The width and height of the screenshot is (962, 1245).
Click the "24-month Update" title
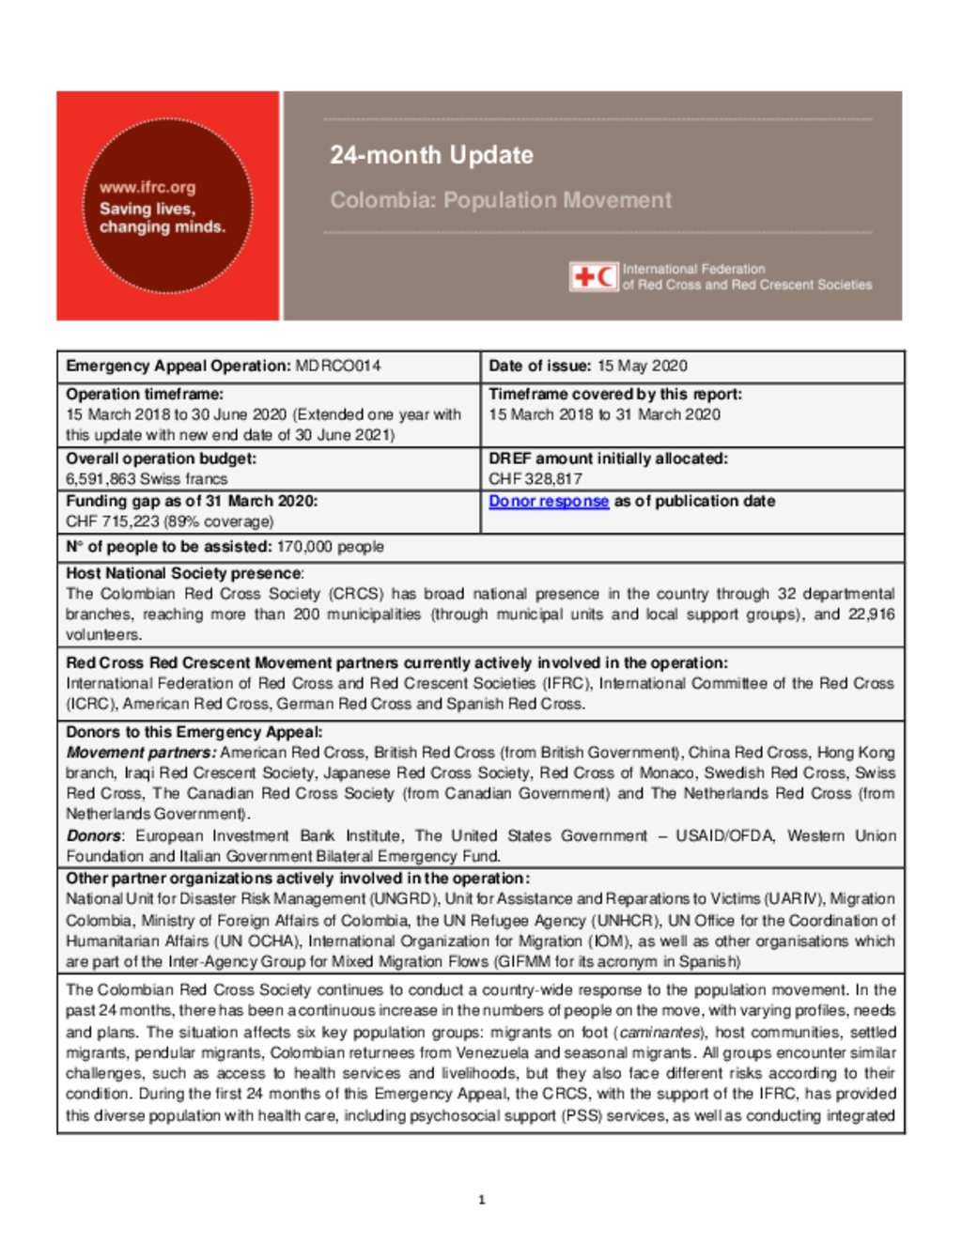(431, 155)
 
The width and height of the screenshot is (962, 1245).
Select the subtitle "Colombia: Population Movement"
(501, 200)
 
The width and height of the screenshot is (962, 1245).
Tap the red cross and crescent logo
(594, 276)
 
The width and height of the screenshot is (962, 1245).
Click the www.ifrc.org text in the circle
(147, 187)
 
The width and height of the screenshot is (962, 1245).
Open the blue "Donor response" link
(549, 502)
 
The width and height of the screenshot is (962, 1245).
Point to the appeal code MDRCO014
(338, 366)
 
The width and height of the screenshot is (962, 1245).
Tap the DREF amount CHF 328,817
(535, 479)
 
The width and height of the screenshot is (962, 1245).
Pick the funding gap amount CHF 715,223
(117, 521)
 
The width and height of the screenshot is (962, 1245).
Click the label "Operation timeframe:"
(145, 395)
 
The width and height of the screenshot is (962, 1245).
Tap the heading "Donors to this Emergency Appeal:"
(194, 732)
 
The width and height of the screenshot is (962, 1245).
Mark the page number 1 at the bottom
(482, 1200)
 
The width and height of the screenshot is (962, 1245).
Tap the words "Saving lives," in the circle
(147, 209)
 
